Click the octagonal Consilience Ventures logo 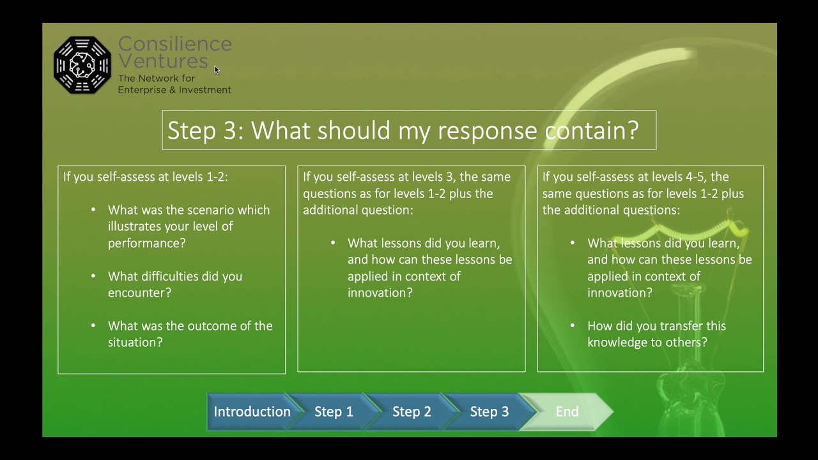click(x=82, y=65)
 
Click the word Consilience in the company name click(x=174, y=44)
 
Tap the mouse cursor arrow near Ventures click(x=217, y=70)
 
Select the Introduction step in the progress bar click(x=251, y=411)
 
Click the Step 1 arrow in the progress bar click(x=333, y=411)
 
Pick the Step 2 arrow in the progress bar click(x=412, y=411)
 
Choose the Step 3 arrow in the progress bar click(x=489, y=411)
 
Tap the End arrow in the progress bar click(x=567, y=411)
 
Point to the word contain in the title click(x=591, y=130)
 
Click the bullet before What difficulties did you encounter click(x=93, y=276)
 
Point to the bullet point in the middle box click(x=333, y=243)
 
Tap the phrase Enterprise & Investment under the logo click(x=174, y=90)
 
